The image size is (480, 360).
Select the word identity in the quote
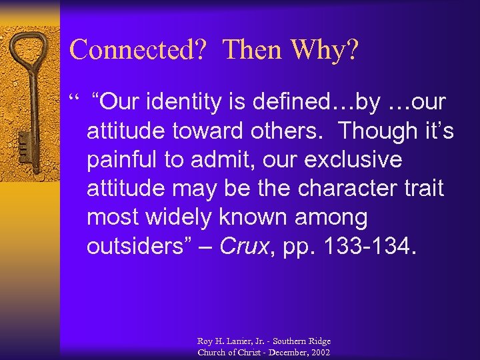183,102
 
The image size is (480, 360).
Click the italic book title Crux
243,247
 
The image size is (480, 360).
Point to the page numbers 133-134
371,247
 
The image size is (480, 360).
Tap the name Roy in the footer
205,341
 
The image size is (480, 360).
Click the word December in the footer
280,352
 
